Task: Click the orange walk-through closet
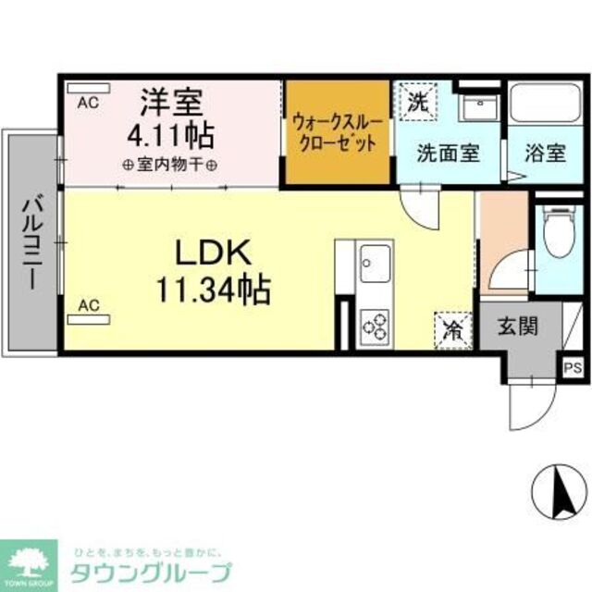(336, 133)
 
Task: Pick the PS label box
(573, 367)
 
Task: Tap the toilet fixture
(559, 236)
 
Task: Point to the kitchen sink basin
(375, 264)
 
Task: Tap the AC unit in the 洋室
(89, 89)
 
